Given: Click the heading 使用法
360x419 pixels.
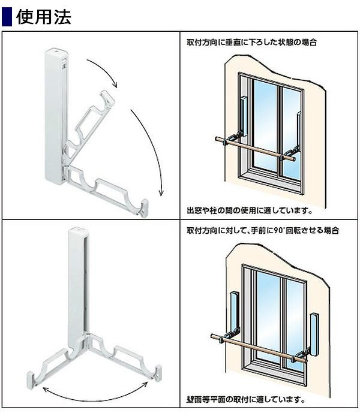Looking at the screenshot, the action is point(44,17).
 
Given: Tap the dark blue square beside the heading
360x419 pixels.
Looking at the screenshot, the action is point(7,17).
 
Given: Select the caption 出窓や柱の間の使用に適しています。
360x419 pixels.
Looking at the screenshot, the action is point(250,210).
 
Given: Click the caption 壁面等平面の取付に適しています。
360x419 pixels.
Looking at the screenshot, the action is point(246,400).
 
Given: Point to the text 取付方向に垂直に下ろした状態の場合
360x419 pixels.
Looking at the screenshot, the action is point(251,42).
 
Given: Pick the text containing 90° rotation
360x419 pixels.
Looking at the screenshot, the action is point(263,230).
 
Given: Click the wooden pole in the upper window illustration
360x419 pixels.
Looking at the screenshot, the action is point(256,149).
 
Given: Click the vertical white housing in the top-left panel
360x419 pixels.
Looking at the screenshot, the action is point(56,116).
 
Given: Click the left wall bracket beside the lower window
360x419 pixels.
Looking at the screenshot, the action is point(234,315).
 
